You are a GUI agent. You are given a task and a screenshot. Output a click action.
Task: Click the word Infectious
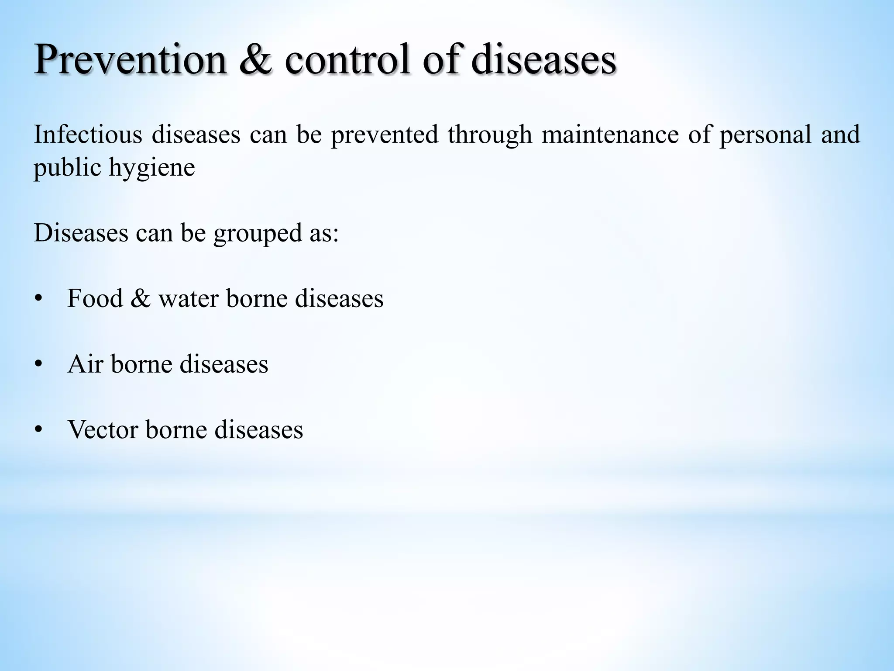88,134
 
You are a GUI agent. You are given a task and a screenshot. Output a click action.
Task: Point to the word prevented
384,134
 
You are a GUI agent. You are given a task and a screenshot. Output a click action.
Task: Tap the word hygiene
151,169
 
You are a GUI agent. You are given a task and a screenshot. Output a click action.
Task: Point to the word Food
95,299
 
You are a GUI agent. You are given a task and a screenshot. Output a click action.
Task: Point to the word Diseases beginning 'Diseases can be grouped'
81,233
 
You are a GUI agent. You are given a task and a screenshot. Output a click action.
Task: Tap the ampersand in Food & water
140,299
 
